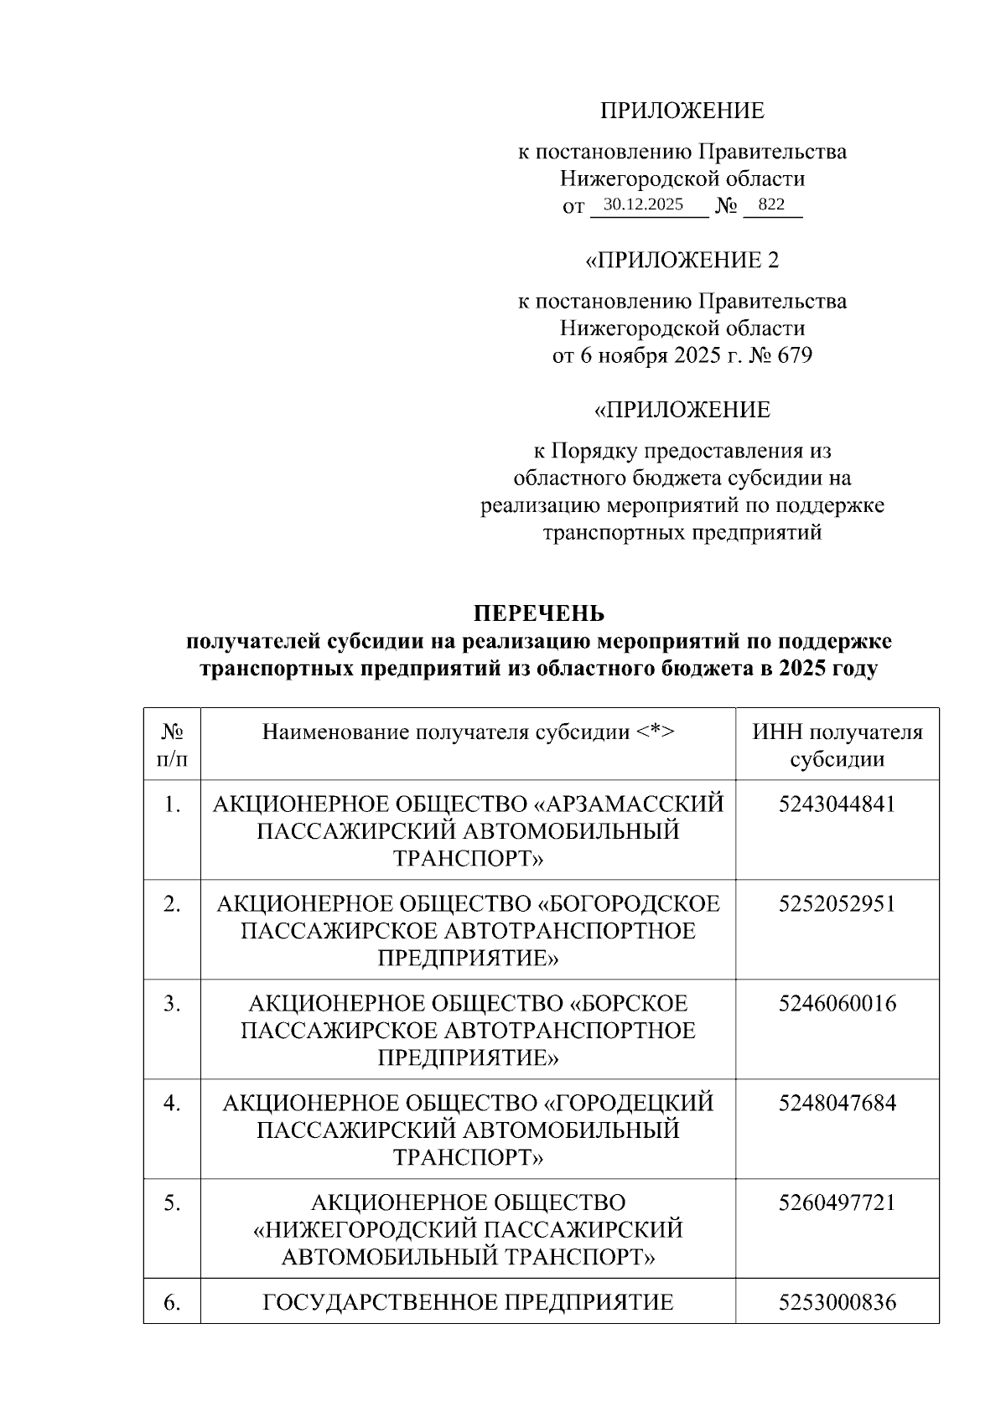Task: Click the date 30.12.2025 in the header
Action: coord(644,204)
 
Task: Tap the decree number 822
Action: coord(770,204)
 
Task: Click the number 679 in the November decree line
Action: coord(795,355)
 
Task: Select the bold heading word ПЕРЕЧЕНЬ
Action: coord(539,613)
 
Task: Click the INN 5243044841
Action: coord(837,804)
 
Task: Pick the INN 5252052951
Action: coord(837,904)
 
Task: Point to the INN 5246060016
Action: coord(837,1004)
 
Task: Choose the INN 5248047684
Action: coord(837,1104)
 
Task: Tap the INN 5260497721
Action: coord(837,1203)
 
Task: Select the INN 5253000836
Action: coord(837,1303)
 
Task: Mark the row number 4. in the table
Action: coord(172,1104)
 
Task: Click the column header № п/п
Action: coord(172,746)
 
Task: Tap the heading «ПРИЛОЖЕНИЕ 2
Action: coord(682,260)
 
